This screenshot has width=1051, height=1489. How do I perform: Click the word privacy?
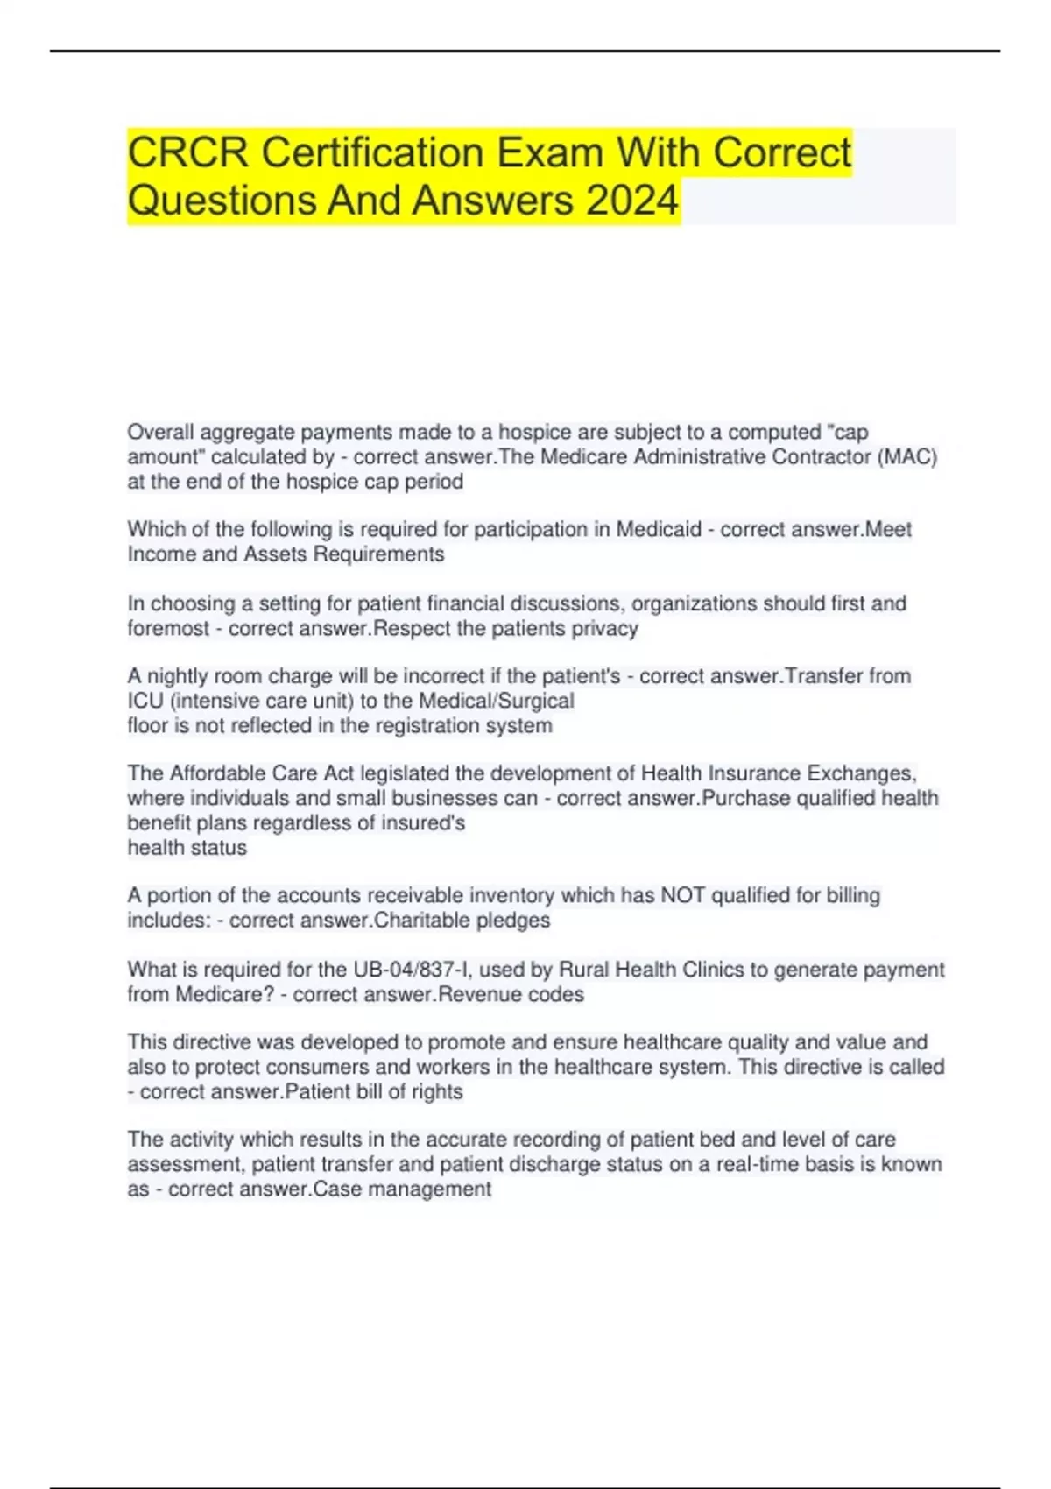[x=604, y=629]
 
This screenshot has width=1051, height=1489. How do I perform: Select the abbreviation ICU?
[x=145, y=701]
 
